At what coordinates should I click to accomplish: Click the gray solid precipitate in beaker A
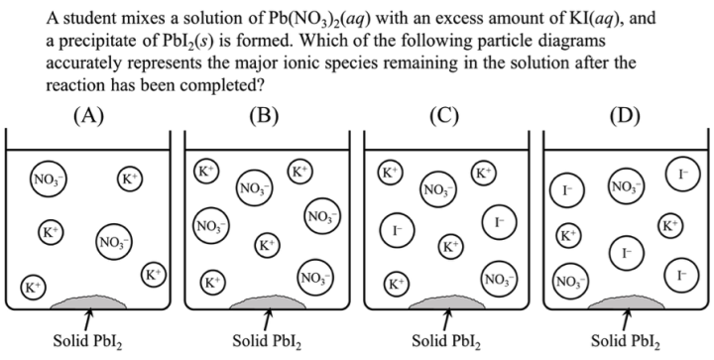pos(89,300)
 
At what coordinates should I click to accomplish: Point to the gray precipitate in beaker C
pos(446,300)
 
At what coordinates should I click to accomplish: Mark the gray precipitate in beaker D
pos(624,300)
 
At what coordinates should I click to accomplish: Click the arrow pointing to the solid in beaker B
pos(268,319)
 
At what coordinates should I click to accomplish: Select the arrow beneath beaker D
pos(625,319)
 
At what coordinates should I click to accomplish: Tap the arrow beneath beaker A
pos(89,319)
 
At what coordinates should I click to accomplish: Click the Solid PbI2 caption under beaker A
pos(89,343)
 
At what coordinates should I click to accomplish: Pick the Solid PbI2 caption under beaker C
pos(446,343)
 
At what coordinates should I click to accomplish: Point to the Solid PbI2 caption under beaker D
pos(625,343)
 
